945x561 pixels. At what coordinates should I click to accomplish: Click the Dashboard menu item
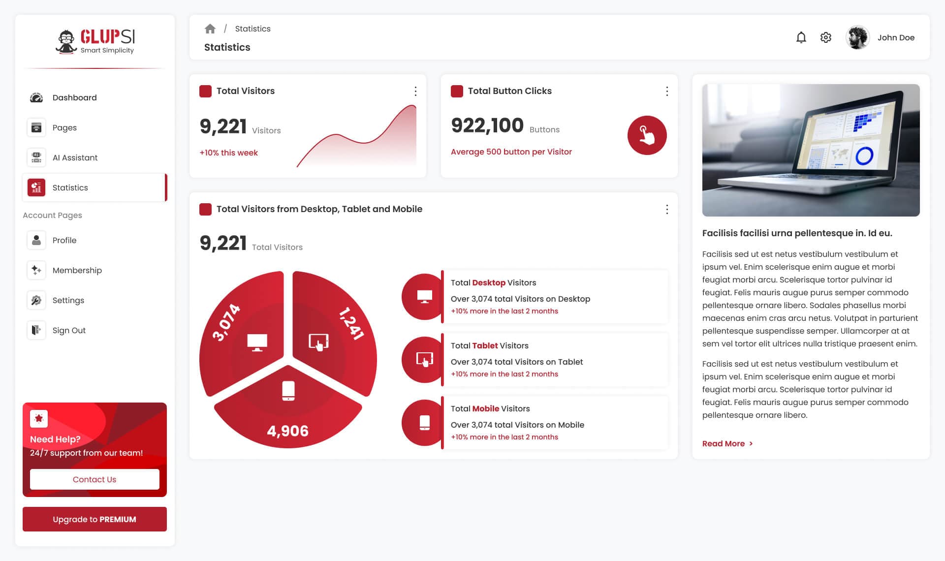[x=74, y=97]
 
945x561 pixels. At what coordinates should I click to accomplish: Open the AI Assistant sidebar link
[x=75, y=157]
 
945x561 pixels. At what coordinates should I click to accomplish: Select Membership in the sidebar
[x=77, y=270]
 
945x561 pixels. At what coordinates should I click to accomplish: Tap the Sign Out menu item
[x=69, y=330]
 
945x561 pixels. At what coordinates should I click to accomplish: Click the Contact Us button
[x=94, y=479]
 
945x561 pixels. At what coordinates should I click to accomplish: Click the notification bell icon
[x=801, y=37]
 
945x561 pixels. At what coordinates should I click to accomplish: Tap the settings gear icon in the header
[x=826, y=37]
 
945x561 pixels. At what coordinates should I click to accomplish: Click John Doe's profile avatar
[x=857, y=37]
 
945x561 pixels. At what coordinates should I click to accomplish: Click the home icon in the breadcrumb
[x=210, y=29]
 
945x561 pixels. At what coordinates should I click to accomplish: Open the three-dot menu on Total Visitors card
[x=415, y=91]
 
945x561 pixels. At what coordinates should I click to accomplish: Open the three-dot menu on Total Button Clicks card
[x=667, y=91]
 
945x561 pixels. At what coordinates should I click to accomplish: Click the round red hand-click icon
[x=647, y=135]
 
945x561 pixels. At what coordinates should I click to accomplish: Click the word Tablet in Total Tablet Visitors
[x=485, y=345]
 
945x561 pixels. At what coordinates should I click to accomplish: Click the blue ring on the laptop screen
[x=864, y=156]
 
